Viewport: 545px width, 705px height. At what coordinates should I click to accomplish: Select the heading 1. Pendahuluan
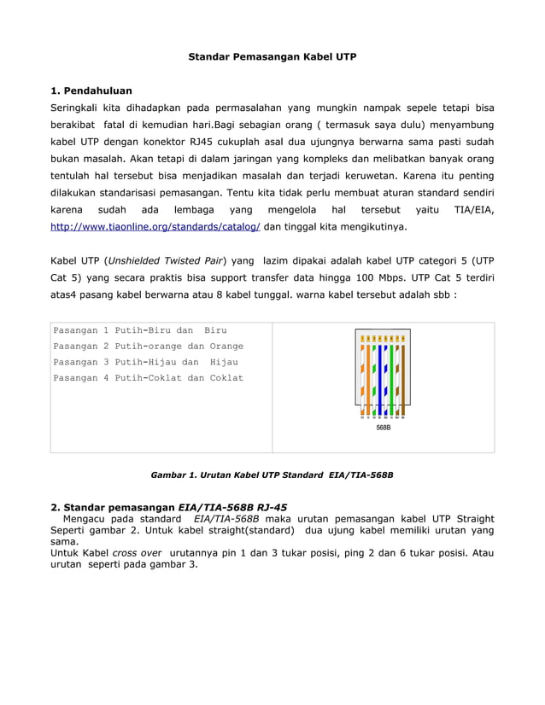[x=92, y=90]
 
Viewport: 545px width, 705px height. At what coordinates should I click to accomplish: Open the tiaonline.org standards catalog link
[x=155, y=228]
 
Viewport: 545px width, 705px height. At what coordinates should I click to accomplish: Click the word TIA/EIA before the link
[x=472, y=210]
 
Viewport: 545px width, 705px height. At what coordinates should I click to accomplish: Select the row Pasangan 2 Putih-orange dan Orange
[x=148, y=347]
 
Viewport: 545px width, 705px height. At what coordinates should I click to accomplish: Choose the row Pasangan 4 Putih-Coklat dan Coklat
[x=148, y=378]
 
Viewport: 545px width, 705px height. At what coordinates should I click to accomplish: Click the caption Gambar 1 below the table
[x=272, y=473]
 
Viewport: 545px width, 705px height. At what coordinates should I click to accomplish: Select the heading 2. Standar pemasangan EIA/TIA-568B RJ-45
[x=169, y=507]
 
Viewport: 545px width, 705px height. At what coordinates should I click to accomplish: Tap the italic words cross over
[x=137, y=553]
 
